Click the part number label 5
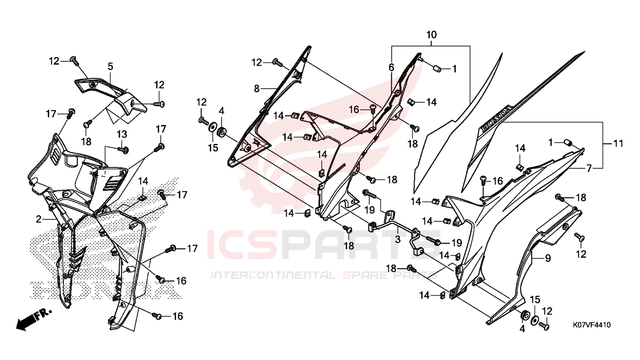tap(110, 67)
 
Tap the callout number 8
tap(257, 89)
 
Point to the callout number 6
tap(391, 67)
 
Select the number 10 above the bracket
tap(432, 35)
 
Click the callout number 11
tap(618, 143)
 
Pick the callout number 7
tap(588, 168)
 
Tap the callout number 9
tap(548, 258)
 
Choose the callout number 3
tap(398, 239)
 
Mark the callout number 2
tap(38, 219)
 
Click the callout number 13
tap(122, 134)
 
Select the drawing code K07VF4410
tap(592, 325)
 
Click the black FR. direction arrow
tap(34, 319)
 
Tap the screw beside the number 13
tap(123, 149)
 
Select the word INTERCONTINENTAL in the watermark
tap(273, 275)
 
